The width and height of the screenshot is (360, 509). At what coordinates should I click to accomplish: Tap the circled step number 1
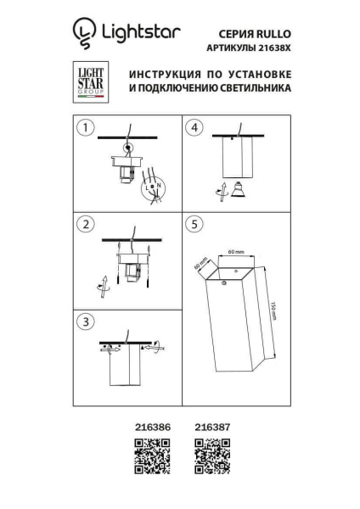point(83,128)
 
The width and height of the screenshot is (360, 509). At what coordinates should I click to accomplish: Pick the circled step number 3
point(83,322)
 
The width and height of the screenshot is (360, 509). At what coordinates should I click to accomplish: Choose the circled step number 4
point(195,128)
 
